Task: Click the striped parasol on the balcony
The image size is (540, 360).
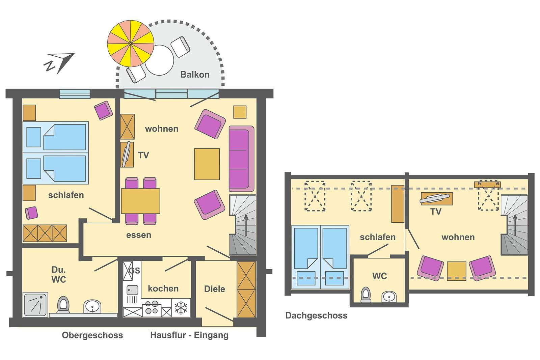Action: [130, 44]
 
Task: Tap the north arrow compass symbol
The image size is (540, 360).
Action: [59, 63]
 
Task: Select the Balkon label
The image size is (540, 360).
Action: [195, 75]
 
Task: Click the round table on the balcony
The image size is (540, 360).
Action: [159, 60]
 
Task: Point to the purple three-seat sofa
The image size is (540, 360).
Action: [241, 159]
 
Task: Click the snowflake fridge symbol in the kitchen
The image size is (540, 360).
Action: [181, 308]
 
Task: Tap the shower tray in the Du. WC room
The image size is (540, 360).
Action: [35, 304]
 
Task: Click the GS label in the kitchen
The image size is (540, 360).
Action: [135, 271]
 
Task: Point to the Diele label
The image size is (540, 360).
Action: [215, 289]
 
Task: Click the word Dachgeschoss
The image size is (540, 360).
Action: [316, 315]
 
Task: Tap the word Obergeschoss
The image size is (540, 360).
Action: [92, 335]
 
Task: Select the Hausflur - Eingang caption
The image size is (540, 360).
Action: [189, 335]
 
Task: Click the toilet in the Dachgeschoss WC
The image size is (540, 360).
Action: [366, 295]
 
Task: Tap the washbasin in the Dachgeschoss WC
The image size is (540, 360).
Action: [389, 297]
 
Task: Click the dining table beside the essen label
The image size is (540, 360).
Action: [140, 201]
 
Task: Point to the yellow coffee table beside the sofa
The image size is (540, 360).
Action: [207, 164]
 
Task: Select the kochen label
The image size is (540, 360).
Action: [163, 288]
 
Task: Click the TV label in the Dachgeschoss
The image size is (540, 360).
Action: [436, 212]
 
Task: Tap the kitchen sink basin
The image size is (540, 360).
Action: [132, 290]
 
